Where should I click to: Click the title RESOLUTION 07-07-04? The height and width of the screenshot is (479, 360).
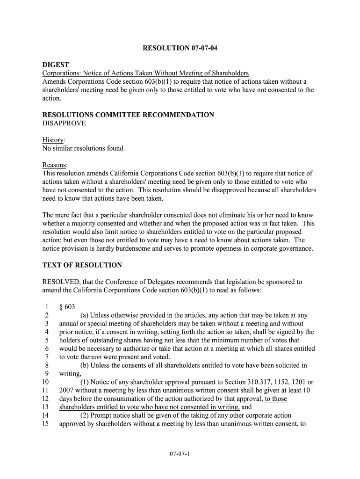point(180,48)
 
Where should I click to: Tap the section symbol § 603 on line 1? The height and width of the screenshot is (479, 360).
point(67,307)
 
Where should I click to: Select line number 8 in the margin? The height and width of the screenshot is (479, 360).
point(47,365)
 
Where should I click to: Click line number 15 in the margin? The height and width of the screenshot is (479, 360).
point(45,424)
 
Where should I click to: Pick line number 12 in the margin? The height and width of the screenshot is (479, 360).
point(45,399)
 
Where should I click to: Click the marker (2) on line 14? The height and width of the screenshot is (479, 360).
point(85,415)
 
